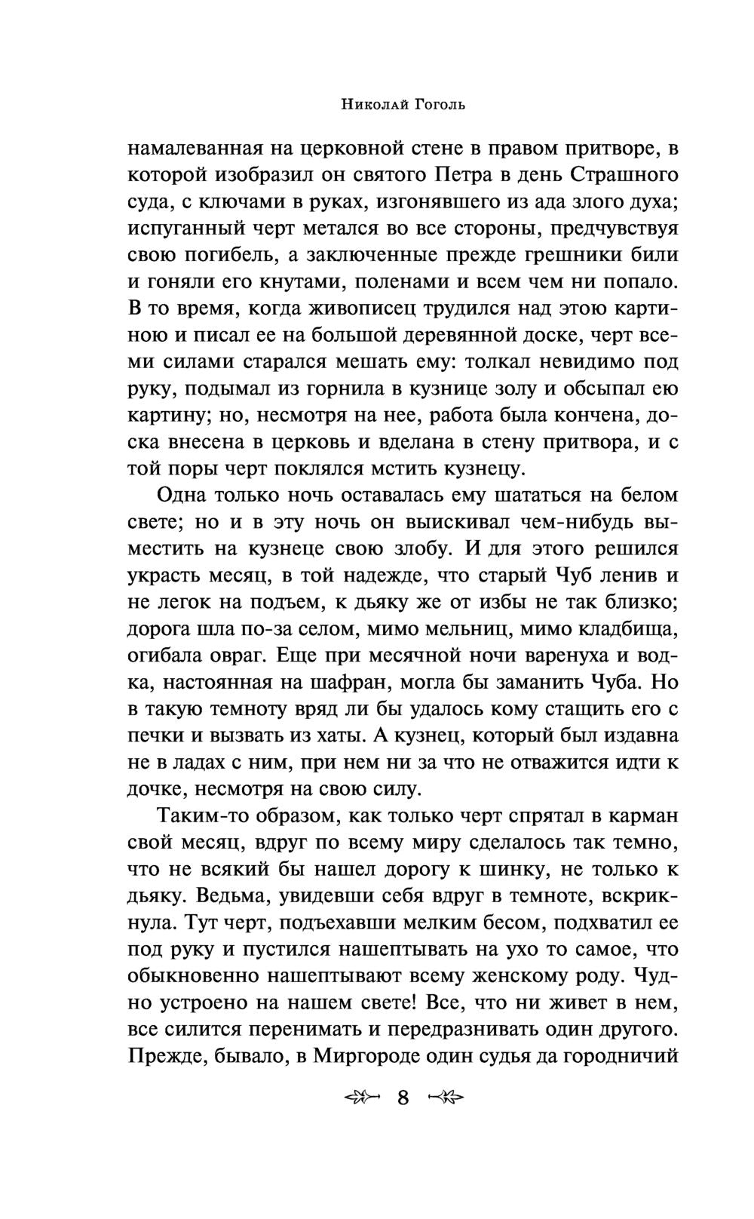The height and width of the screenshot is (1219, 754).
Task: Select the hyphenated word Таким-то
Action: (206, 816)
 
